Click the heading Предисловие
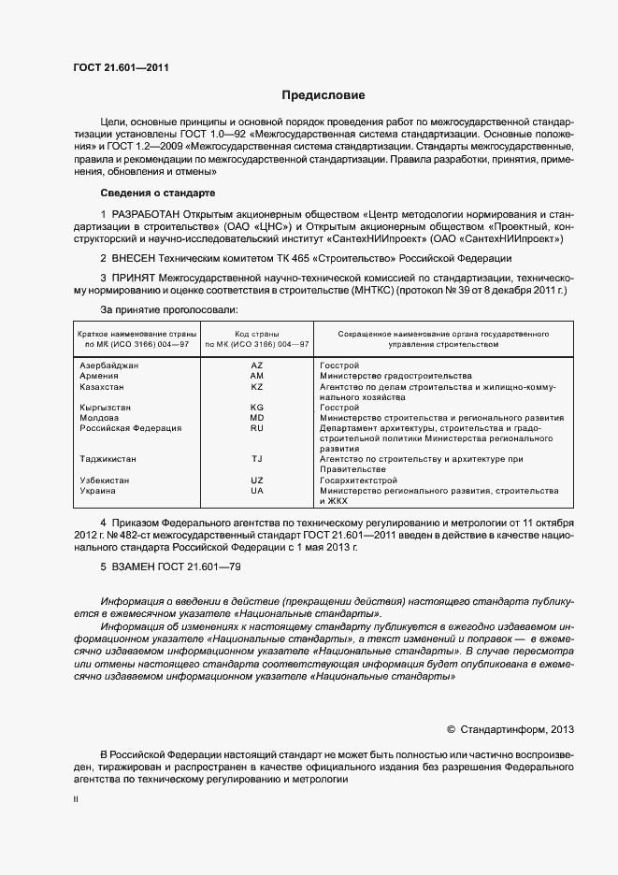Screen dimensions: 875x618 pos(324,95)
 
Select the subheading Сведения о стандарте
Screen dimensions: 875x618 pos(157,193)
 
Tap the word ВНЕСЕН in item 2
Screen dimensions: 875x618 pos(137,257)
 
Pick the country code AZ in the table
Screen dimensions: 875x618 pos(257,365)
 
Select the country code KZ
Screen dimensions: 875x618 pos(257,386)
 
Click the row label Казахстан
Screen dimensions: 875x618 pos(102,386)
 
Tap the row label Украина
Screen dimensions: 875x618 pos(98,491)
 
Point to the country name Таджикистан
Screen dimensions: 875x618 pos(108,459)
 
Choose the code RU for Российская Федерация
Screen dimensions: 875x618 pos(257,428)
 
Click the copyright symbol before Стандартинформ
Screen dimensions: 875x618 pos(451,728)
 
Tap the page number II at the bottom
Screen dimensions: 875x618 pos(76,800)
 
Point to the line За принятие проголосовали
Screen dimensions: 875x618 pos(169,308)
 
